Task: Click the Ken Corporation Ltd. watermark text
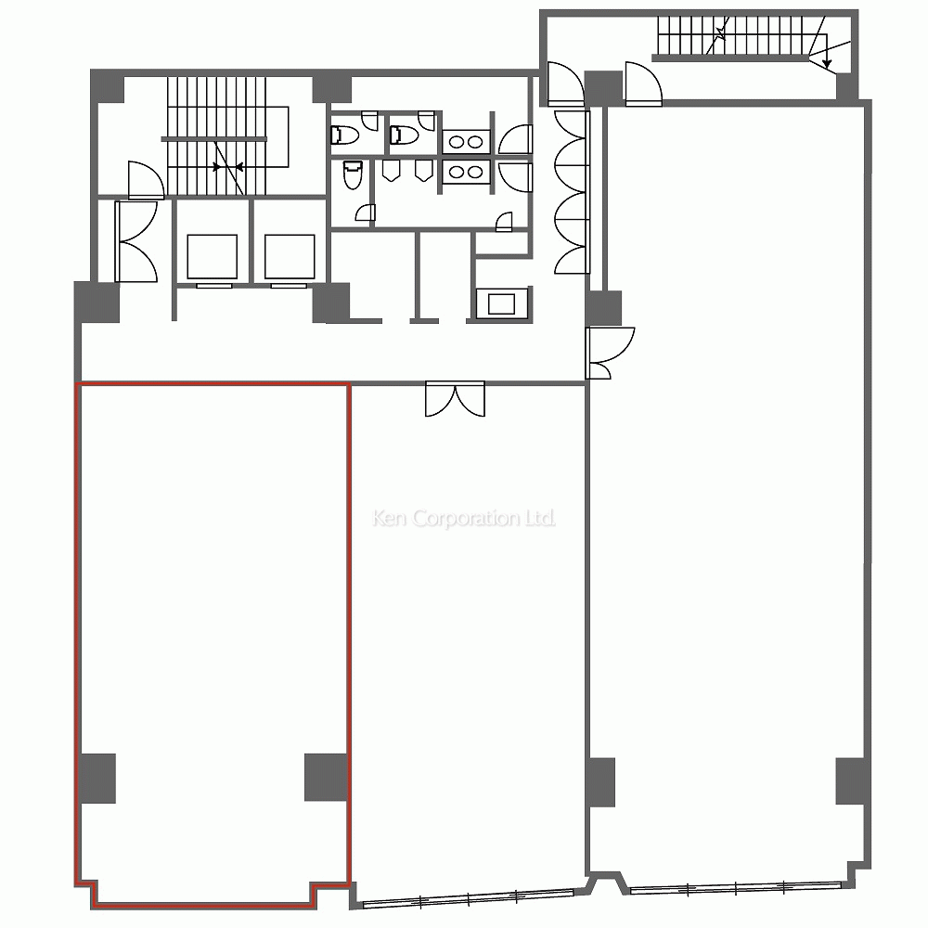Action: tap(464, 519)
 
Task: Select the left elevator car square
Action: tap(212, 256)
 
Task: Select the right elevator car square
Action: tap(290, 256)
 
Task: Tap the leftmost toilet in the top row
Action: tap(345, 135)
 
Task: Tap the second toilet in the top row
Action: tap(405, 135)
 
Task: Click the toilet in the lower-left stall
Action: tap(353, 174)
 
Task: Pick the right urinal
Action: tap(422, 171)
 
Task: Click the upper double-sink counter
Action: tap(467, 141)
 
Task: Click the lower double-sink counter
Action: tap(467, 173)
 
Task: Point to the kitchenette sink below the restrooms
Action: tap(501, 303)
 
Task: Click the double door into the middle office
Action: tap(455, 399)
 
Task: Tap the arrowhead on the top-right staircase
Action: tap(827, 63)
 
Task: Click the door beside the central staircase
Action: tap(146, 180)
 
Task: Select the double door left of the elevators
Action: tap(136, 241)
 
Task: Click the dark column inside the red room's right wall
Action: tap(326, 777)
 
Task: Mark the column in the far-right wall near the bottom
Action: tap(852, 780)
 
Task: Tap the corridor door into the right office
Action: tap(610, 353)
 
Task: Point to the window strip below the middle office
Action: tap(468, 897)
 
